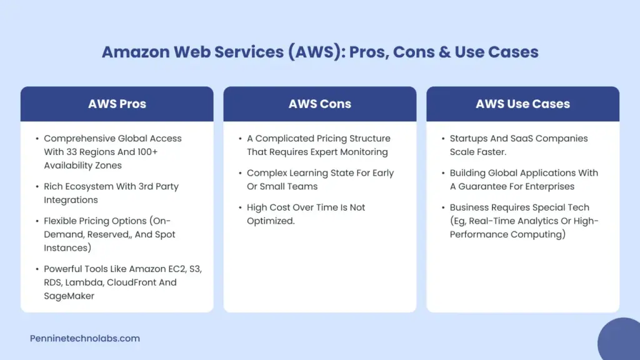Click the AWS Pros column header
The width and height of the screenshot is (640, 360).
coord(117,104)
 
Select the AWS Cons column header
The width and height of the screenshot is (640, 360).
coord(319,104)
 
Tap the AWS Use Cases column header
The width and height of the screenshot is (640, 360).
coord(522,104)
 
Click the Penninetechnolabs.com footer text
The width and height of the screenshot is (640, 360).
coord(85,338)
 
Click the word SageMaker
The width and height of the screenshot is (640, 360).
coord(69,296)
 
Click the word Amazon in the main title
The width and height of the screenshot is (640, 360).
coord(132,52)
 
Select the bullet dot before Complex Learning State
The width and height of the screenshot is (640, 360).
coord(240,173)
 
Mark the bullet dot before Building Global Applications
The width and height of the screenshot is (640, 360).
coord(442,173)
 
